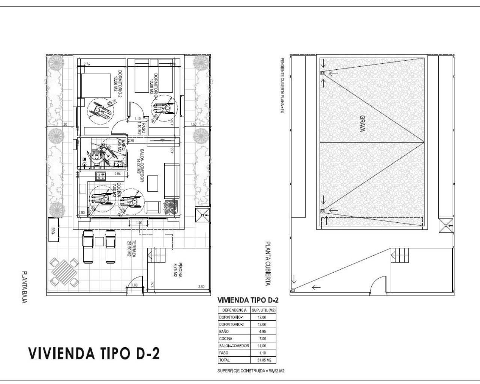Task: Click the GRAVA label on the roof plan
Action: tap(363, 123)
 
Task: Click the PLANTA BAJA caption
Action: tap(24, 287)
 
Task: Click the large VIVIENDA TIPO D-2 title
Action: tap(94, 353)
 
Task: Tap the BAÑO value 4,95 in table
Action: tap(262, 331)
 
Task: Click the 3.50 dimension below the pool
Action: tap(201, 287)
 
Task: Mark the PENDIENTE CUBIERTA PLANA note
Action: tap(282, 85)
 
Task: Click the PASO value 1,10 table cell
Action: tap(262, 353)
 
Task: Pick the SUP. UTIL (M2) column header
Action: tap(262, 310)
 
